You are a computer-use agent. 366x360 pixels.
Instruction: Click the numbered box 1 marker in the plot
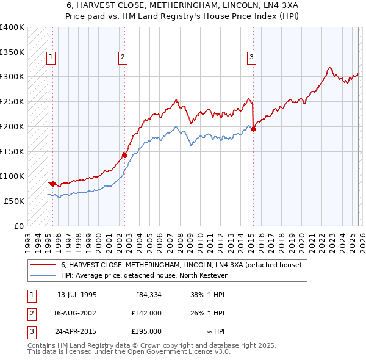click(50, 57)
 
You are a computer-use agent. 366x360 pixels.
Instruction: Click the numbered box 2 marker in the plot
click(123, 57)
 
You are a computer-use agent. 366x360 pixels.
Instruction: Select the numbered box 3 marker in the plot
click(251, 57)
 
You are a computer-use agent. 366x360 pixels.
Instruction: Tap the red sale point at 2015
click(253, 129)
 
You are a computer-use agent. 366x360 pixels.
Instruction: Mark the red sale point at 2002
click(124, 155)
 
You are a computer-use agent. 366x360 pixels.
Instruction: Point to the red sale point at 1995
click(53, 183)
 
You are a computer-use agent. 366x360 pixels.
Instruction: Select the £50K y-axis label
click(14, 201)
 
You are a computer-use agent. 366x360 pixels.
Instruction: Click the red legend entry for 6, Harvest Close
click(181, 265)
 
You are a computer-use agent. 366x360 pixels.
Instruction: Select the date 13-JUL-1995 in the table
click(77, 295)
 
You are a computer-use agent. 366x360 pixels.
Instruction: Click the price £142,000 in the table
click(146, 313)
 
